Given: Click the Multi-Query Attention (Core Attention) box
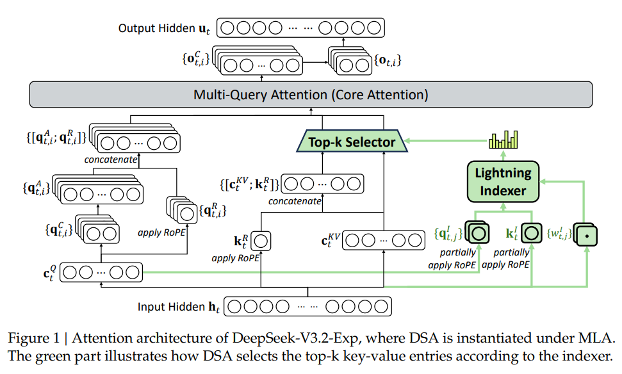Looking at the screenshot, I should (x=311, y=95).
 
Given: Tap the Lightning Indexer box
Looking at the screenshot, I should (x=503, y=181).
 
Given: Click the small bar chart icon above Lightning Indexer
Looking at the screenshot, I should (x=503, y=139).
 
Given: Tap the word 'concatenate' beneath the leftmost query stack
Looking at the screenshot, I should (x=111, y=159).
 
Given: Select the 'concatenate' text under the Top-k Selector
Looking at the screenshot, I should (x=295, y=201).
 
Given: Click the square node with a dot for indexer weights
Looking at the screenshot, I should (x=586, y=236).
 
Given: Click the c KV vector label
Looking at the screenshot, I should (x=329, y=240).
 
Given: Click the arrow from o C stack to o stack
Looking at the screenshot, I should (x=314, y=62).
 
